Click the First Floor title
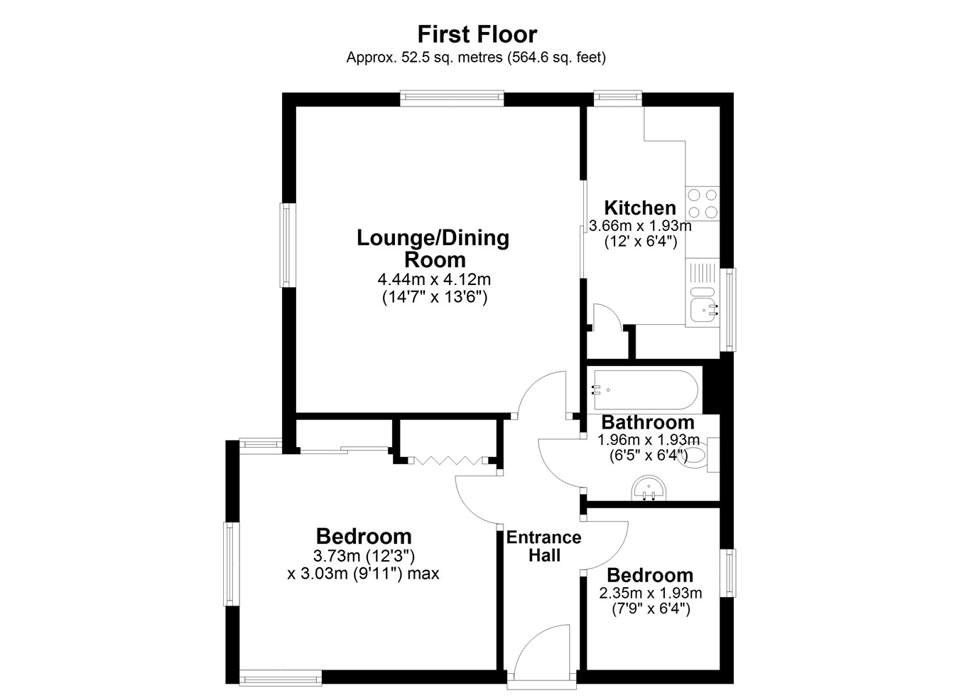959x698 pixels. coord(477,34)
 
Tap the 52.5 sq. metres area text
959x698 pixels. coord(451,57)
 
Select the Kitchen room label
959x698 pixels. coord(640,208)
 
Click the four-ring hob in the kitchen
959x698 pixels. coord(702,203)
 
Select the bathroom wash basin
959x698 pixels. coord(649,488)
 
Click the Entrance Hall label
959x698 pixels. coord(543,547)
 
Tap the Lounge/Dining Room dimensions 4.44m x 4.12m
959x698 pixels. coord(434,280)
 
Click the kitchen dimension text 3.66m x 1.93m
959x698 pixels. coord(640,226)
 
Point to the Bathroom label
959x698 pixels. coord(648,422)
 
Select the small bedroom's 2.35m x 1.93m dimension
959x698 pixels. coord(650,593)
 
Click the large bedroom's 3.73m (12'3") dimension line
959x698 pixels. coord(364,556)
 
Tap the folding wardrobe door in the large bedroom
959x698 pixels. coord(448,461)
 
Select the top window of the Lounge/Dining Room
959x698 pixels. coord(452,97)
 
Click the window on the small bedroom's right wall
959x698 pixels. coord(729,573)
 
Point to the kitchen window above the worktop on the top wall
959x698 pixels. coord(618,97)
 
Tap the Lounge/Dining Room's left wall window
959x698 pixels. coord(288,245)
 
